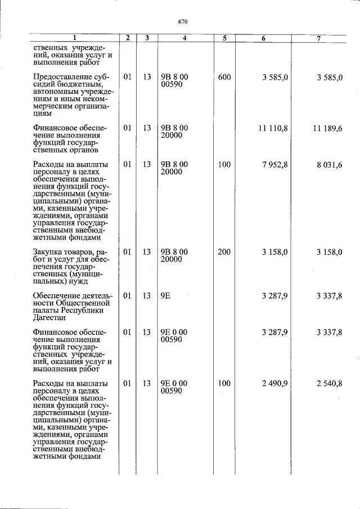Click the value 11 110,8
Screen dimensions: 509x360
click(x=273, y=128)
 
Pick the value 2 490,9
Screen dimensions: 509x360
click(x=275, y=384)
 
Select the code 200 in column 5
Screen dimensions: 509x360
click(x=224, y=252)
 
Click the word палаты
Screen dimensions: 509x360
click(x=47, y=310)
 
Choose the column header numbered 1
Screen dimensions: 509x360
click(x=73, y=38)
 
